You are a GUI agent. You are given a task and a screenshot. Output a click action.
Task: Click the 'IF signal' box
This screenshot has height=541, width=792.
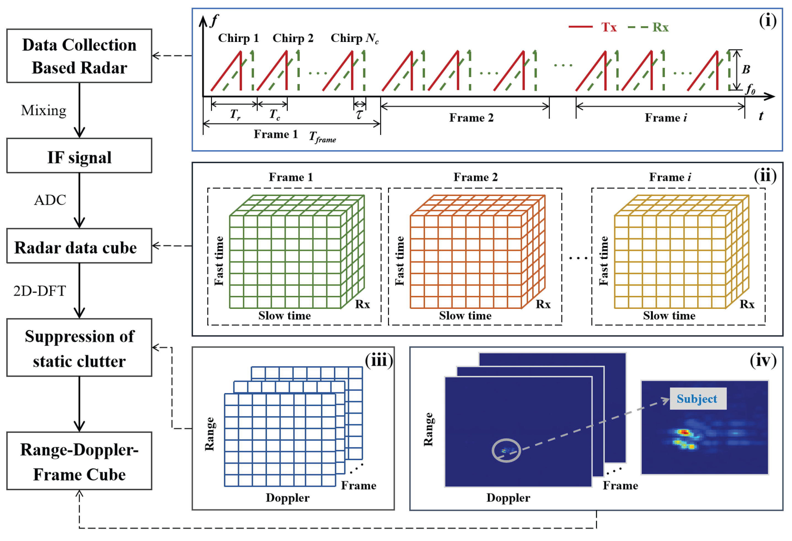tap(79, 156)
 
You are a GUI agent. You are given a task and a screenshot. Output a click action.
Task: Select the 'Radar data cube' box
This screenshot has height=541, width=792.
tap(79, 246)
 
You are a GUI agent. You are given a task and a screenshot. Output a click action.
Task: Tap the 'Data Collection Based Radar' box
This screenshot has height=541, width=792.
tap(79, 56)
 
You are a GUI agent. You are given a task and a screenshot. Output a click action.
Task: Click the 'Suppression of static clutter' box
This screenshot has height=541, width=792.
tap(79, 348)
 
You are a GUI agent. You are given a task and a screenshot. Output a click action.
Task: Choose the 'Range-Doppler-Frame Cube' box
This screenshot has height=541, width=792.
tap(79, 461)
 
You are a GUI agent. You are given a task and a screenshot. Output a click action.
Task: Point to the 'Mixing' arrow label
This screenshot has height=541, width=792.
tap(44, 110)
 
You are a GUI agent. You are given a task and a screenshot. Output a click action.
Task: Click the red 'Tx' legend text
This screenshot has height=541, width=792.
tap(609, 27)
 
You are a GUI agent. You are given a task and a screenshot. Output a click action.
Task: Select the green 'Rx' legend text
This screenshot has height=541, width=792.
tap(660, 27)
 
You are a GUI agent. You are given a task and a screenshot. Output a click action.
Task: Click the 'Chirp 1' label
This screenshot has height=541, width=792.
tap(238, 38)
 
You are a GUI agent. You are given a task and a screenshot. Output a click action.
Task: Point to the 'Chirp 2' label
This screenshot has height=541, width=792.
tap(293, 38)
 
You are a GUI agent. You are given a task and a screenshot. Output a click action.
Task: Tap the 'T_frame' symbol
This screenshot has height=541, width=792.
tap(322, 137)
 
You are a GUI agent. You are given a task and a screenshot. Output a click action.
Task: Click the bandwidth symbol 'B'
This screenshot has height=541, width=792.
tap(746, 69)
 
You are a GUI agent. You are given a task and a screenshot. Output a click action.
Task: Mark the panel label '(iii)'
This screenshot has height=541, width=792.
tap(379, 360)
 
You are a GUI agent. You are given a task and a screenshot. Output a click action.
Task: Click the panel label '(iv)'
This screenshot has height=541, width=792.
tap(763, 360)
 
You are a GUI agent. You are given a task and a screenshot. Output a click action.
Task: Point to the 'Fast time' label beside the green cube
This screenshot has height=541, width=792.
tap(219, 261)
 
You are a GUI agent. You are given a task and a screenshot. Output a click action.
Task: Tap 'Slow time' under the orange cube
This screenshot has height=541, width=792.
tap(465, 315)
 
